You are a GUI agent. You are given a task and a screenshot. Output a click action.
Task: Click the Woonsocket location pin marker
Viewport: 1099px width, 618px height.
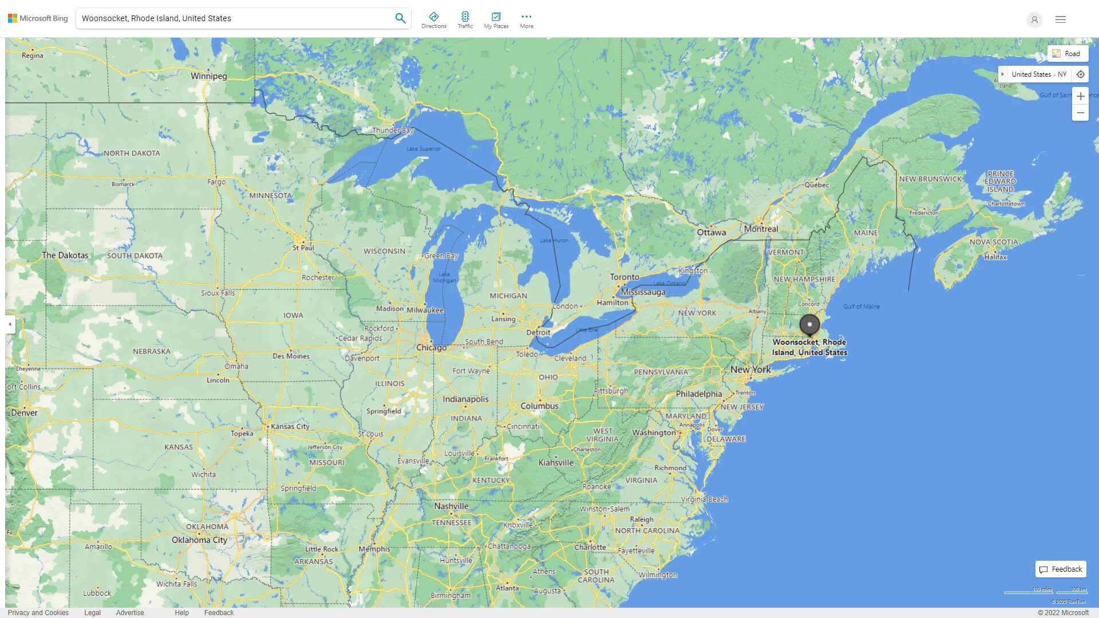(x=809, y=324)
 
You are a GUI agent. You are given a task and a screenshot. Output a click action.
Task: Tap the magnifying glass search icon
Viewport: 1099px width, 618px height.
(x=400, y=18)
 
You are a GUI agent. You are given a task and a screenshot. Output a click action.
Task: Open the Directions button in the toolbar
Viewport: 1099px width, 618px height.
(x=434, y=20)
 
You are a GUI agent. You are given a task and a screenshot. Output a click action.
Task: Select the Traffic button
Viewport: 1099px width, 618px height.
(x=465, y=20)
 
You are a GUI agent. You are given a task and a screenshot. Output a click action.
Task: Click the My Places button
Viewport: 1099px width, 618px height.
(x=496, y=20)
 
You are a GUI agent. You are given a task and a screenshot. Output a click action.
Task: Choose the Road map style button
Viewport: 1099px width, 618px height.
(x=1068, y=54)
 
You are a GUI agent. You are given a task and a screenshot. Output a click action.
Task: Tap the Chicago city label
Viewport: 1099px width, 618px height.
(x=431, y=347)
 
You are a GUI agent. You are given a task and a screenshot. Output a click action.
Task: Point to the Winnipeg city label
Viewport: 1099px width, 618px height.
(x=209, y=76)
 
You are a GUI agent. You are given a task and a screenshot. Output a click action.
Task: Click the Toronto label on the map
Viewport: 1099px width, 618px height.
(x=624, y=277)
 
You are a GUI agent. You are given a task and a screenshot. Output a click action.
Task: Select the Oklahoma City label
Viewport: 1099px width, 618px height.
(x=199, y=540)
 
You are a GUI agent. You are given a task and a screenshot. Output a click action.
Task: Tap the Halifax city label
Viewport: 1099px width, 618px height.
(x=995, y=257)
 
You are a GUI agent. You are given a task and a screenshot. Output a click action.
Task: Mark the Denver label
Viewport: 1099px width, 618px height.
(x=24, y=413)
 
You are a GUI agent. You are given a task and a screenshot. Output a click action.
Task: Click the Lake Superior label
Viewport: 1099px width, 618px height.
(x=424, y=149)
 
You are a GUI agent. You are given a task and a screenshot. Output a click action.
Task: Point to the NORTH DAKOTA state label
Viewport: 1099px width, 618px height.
(x=132, y=153)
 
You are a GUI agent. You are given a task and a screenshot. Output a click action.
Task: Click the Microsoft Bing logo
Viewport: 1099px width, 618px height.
(x=38, y=18)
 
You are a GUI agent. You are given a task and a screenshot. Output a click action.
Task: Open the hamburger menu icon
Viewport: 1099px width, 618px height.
(x=1061, y=19)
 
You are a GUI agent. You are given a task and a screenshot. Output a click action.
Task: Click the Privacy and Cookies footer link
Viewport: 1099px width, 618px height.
(x=38, y=612)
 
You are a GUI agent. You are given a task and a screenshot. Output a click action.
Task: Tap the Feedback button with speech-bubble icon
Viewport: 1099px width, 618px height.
(x=1061, y=569)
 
